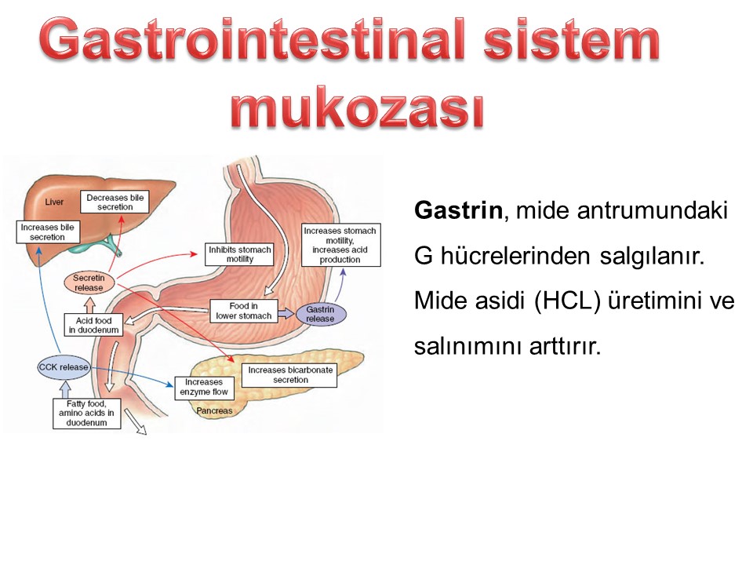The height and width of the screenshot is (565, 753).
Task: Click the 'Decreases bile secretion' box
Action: [115, 202]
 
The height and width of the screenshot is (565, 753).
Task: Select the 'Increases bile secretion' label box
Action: [48, 231]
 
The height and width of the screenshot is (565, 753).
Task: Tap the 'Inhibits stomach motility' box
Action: [239, 254]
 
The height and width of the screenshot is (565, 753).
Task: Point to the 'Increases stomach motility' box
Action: [341, 245]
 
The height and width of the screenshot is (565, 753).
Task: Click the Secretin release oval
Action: [89, 282]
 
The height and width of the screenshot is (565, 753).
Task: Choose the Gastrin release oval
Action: [320, 314]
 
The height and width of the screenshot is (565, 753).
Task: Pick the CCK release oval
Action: [64, 367]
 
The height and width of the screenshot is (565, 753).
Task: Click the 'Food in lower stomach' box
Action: [243, 311]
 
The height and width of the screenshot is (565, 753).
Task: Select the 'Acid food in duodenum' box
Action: [93, 325]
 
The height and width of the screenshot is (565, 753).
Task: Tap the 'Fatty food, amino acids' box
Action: [86, 414]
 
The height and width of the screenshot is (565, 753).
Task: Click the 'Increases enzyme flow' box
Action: [204, 387]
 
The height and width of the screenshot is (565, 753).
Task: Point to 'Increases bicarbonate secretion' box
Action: [289, 375]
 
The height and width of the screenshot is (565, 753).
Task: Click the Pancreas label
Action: [214, 410]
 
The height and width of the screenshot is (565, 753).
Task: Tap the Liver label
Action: [54, 202]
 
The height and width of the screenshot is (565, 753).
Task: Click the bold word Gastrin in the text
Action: [458, 210]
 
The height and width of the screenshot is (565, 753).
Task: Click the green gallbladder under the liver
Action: [96, 245]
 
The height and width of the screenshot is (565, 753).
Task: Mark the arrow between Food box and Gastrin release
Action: [286, 314]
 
